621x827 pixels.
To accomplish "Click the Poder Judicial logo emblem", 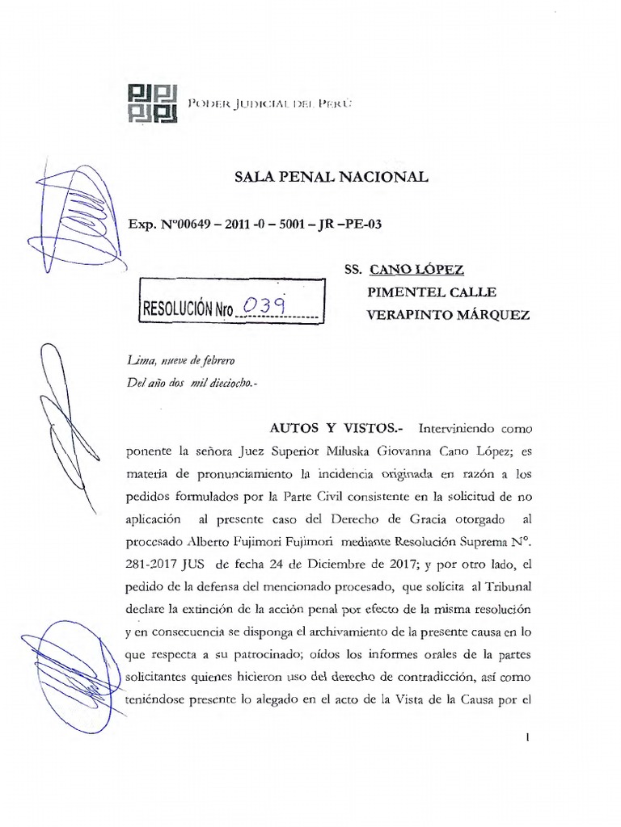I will pyautogui.click(x=153, y=103).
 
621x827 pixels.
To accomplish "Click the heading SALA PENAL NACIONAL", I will pyautogui.click(x=331, y=177).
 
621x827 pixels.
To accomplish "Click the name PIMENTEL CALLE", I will pyautogui.click(x=432, y=292).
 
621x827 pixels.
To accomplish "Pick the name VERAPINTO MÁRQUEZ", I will pyautogui.click(x=449, y=315).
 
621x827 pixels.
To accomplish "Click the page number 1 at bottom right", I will pyautogui.click(x=526, y=737).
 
